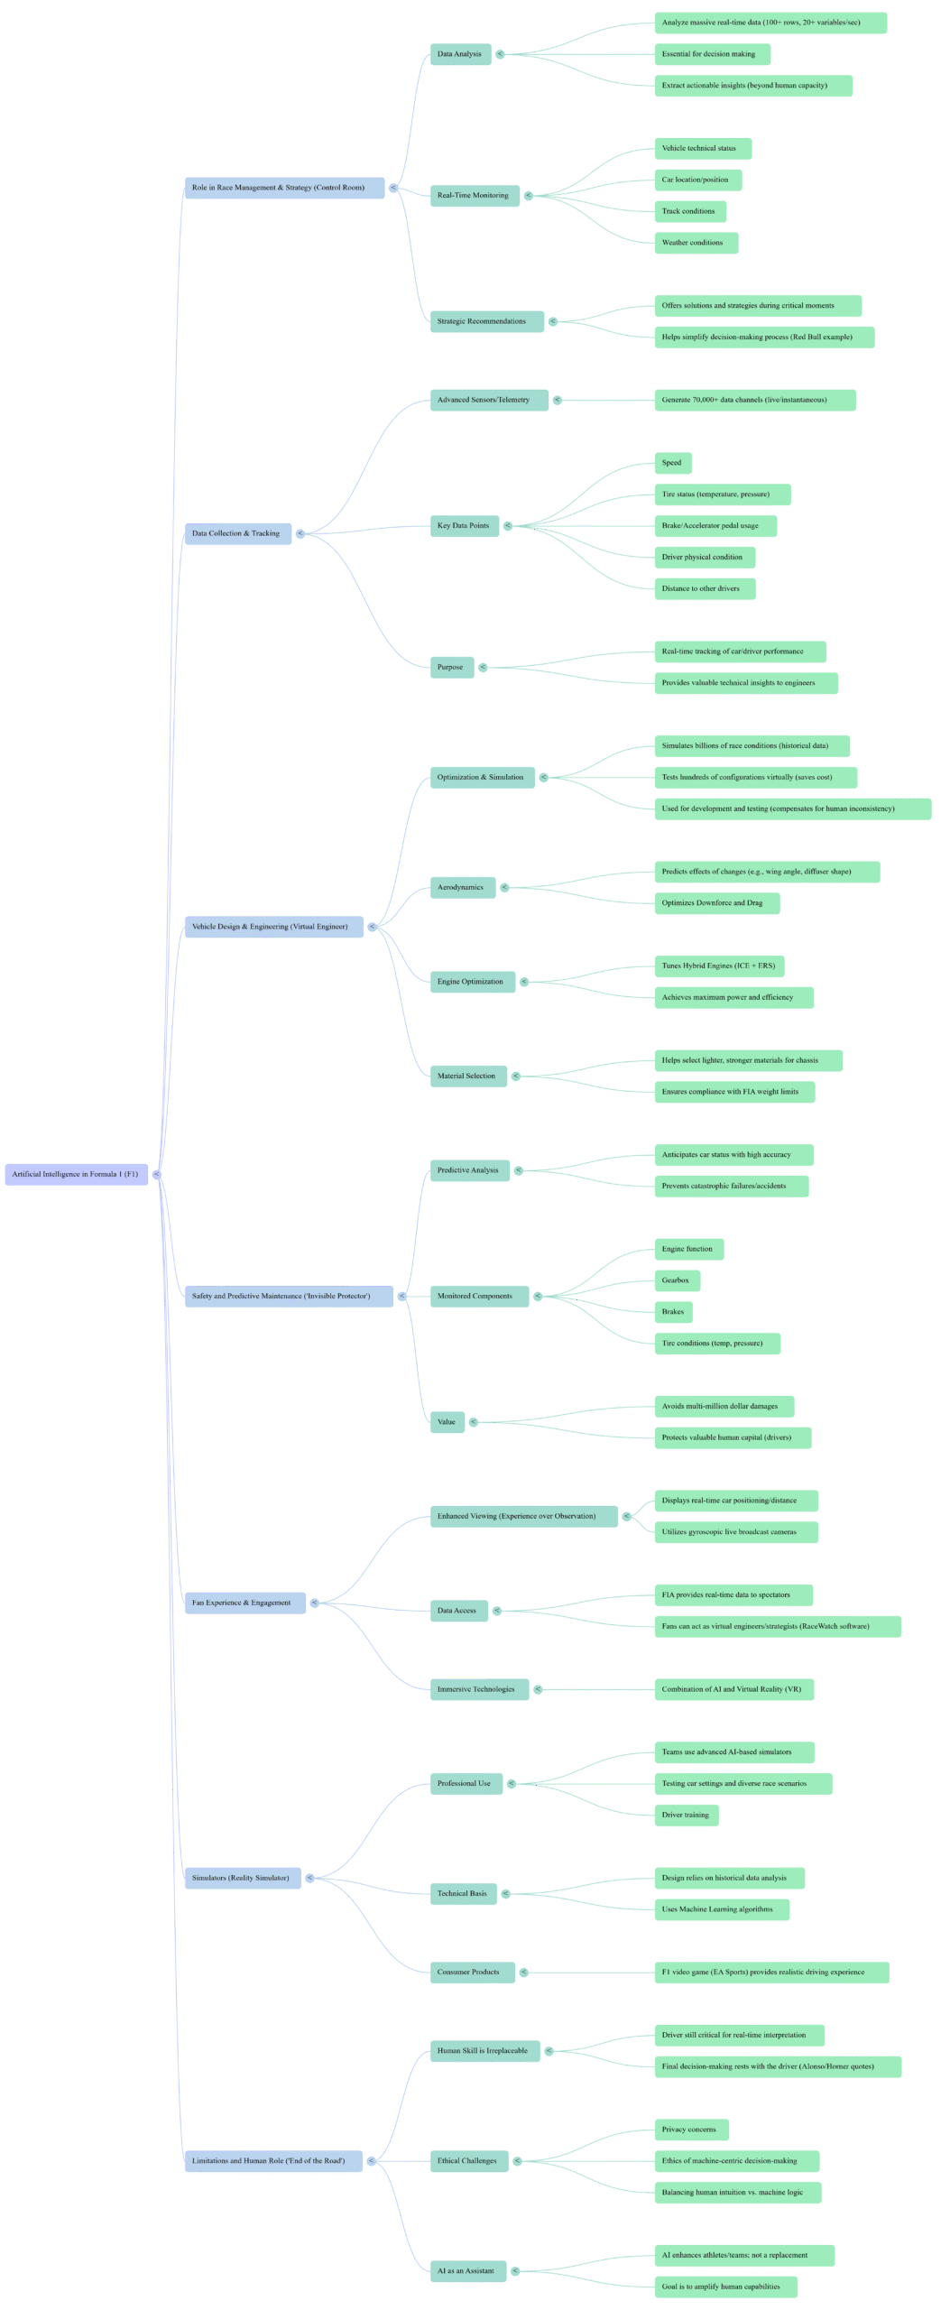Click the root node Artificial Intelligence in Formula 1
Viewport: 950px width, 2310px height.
75,1174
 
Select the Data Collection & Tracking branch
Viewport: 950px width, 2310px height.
236,533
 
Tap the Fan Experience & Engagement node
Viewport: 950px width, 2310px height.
242,1603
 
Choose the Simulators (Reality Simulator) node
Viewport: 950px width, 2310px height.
241,1878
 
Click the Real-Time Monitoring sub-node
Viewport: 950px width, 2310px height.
473,195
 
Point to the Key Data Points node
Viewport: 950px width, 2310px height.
463,525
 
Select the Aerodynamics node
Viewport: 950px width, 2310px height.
460,887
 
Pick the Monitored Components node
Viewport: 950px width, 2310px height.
475,1296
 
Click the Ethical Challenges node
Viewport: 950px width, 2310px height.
466,2160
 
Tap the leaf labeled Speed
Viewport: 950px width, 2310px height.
672,463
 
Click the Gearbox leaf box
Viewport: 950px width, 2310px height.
676,1280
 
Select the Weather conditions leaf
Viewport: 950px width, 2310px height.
693,243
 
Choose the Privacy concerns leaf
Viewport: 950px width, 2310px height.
689,2130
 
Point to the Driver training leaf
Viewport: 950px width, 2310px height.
686,1815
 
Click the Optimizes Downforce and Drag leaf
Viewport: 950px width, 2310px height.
713,902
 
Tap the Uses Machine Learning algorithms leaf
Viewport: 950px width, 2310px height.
717,1909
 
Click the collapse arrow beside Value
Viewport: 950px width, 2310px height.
474,1422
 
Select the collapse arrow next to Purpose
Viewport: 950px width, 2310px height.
483,667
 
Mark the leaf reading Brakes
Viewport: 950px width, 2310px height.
673,1312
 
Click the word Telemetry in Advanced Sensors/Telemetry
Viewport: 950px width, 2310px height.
512,400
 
